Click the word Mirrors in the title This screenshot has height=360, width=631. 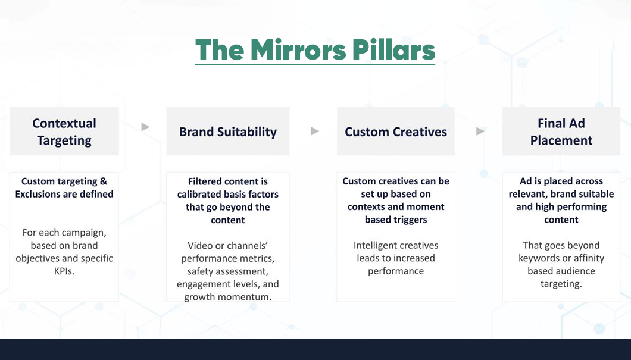click(296, 50)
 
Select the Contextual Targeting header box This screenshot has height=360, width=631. click(64, 132)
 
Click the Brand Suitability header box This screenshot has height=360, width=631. click(228, 132)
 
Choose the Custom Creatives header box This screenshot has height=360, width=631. click(396, 132)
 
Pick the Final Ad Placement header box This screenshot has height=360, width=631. click(561, 132)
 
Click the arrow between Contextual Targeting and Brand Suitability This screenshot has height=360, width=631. click(145, 127)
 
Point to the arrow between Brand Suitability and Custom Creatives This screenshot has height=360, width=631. click(315, 131)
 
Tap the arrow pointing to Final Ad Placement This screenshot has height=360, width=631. click(480, 131)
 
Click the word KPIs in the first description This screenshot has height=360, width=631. click(64, 271)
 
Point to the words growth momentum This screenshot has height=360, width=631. click(228, 297)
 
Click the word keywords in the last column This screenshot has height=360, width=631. click(541, 258)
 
